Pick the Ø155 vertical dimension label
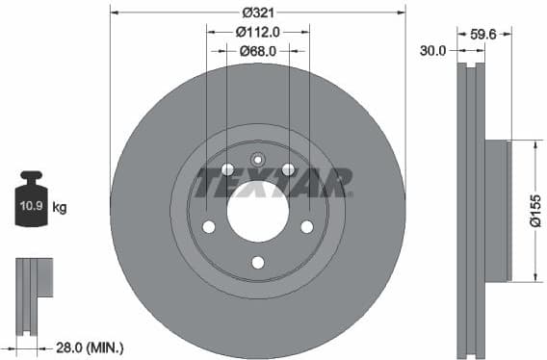535,212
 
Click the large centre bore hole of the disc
258,211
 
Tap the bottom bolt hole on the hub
257,262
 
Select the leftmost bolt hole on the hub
208,227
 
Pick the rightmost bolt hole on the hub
307,226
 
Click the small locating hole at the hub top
257,160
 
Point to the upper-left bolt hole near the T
227,170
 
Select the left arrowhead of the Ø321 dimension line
115,13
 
